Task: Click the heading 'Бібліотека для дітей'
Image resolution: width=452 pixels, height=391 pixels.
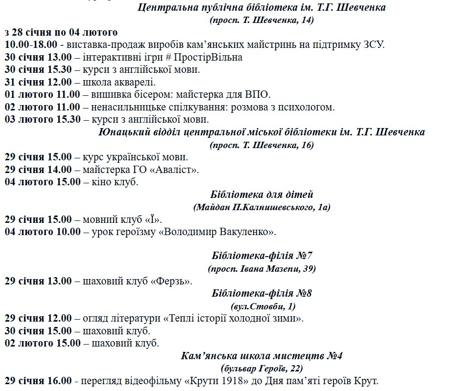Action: click(262, 195)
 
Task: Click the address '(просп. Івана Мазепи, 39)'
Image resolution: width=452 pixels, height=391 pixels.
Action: click(262, 268)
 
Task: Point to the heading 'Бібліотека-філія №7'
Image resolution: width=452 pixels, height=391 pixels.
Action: click(262, 256)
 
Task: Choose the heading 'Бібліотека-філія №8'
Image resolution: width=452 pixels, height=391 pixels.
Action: click(262, 293)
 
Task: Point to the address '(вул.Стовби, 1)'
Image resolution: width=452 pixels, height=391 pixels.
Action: click(262, 306)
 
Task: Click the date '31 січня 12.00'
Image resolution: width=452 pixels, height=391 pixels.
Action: click(38, 82)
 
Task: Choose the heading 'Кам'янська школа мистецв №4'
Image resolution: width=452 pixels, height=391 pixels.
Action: click(262, 355)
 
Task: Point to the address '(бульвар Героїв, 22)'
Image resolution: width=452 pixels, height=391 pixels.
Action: click(262, 368)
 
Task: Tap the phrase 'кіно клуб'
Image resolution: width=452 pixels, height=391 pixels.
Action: click(115, 182)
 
